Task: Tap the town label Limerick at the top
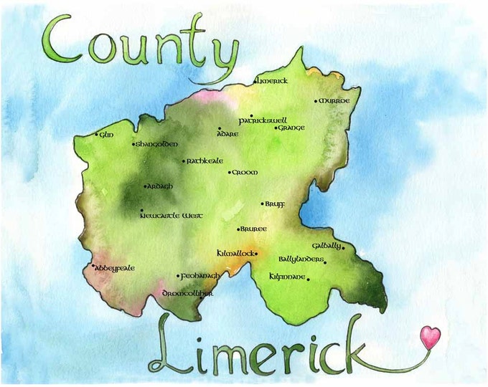pos(273,81)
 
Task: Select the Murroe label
pos(334,101)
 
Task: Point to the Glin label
pos(107,134)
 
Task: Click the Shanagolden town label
pos(157,144)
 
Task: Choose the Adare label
pos(228,133)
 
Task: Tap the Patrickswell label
pos(263,120)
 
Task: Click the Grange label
pos(291,128)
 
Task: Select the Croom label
pos(245,173)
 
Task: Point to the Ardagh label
pos(160,186)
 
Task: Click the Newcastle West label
pos(172,215)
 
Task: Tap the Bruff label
pos(276,204)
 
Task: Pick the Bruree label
pos(254,229)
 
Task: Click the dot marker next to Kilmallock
pos(256,253)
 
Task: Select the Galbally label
pos(327,246)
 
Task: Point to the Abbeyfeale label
pos(115,268)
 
